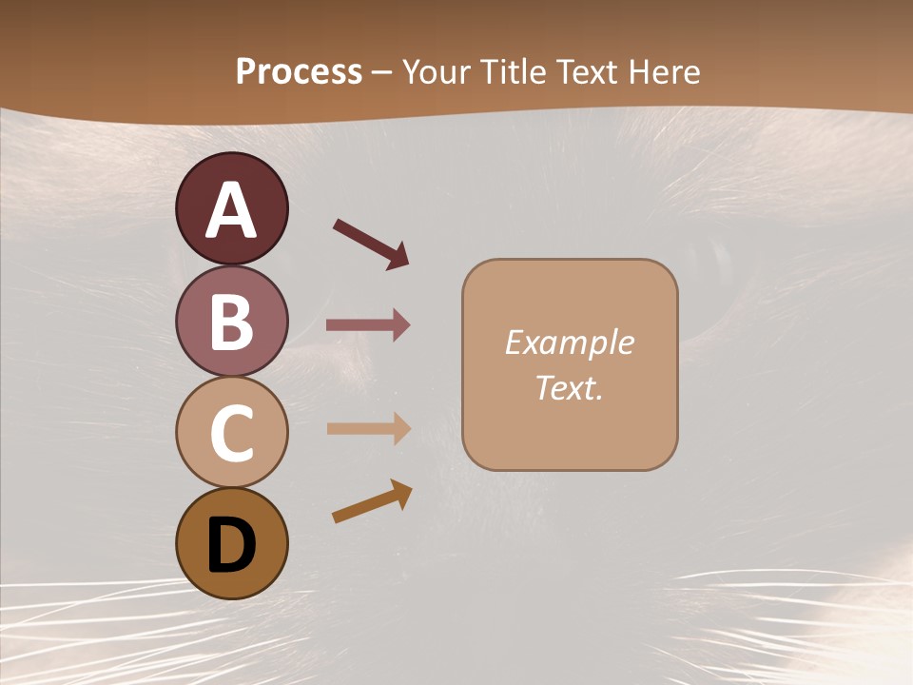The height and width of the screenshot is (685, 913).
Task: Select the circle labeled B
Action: [231, 322]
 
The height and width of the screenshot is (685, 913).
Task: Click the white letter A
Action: [232, 210]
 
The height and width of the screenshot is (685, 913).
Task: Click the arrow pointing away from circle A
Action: [371, 243]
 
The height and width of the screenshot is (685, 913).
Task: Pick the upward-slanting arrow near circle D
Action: [372, 501]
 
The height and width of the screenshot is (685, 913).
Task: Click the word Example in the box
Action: [570, 342]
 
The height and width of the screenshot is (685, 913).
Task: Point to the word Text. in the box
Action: [570, 387]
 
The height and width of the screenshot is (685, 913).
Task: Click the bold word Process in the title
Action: [299, 71]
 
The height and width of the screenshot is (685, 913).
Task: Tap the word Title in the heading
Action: [510, 71]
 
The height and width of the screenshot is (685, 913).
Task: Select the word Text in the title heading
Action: [585, 71]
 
